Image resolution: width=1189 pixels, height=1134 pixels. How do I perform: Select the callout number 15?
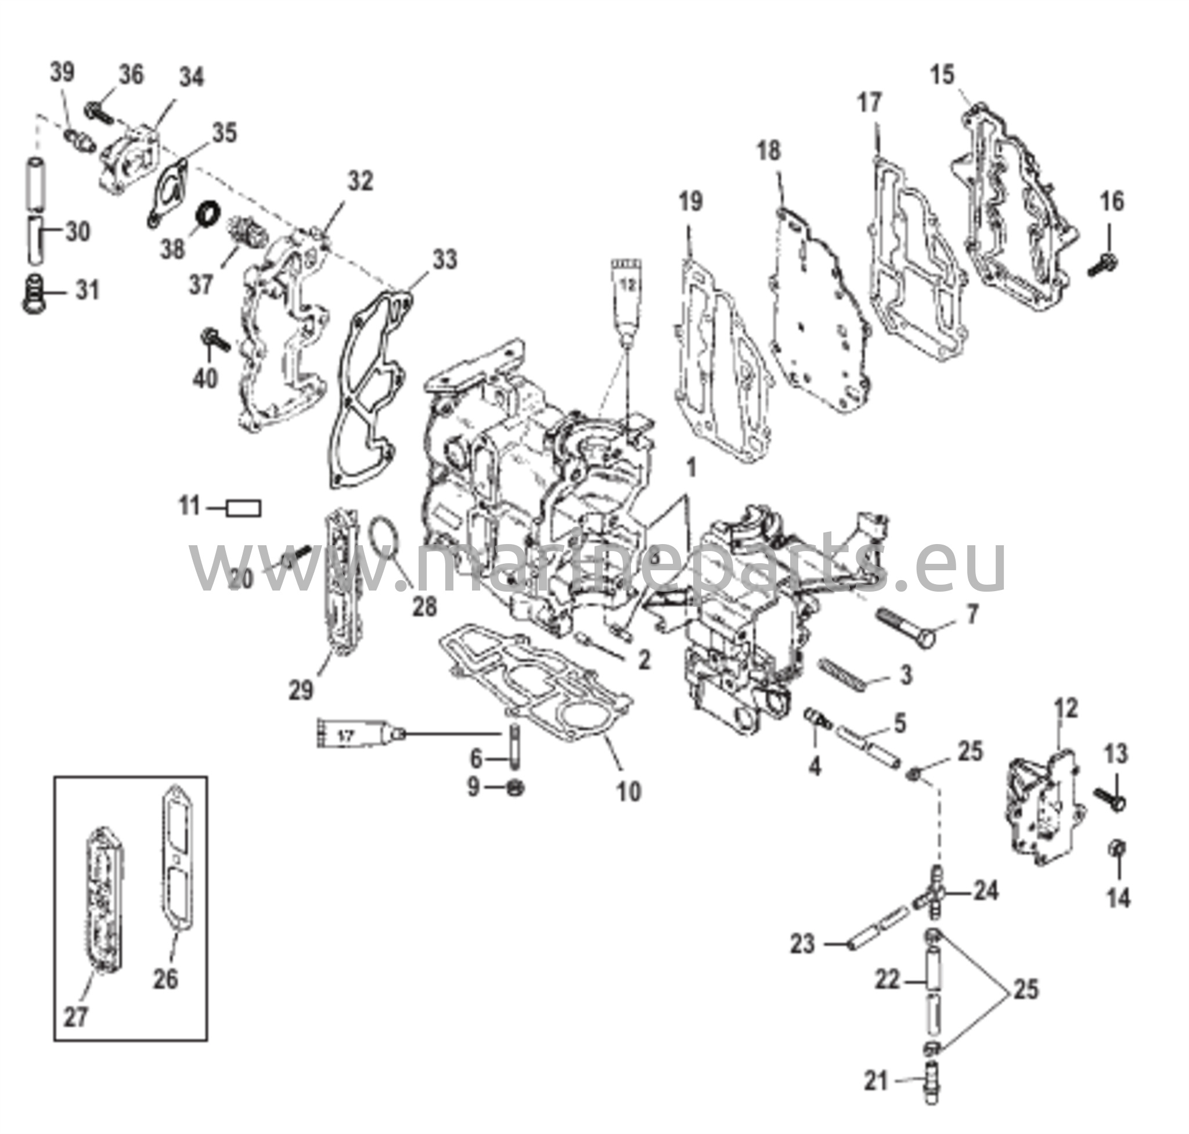(942, 75)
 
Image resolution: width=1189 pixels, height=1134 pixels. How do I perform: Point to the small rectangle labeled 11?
(244, 507)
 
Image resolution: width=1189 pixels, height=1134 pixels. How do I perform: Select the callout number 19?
(690, 201)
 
